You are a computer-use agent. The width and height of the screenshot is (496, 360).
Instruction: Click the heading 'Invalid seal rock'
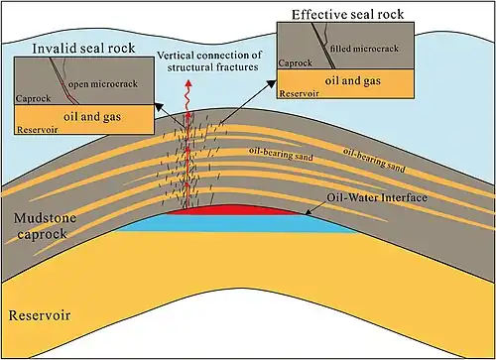pyautogui.click(x=83, y=49)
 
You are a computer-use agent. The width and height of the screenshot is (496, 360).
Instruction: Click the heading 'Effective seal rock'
pyautogui.click(x=347, y=15)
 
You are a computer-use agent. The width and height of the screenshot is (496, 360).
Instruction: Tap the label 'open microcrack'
pyautogui.click(x=103, y=84)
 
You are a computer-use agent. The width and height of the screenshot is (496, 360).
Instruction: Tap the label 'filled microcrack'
pyautogui.click(x=364, y=49)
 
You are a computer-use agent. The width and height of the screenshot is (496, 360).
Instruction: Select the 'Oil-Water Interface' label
pyautogui.click(x=377, y=197)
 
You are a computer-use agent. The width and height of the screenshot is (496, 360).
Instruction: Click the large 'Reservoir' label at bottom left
pyautogui.click(x=40, y=315)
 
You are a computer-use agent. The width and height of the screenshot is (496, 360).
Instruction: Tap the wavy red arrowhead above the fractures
pyautogui.click(x=188, y=83)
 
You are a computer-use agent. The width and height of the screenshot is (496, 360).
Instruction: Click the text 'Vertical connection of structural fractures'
pyautogui.click(x=210, y=61)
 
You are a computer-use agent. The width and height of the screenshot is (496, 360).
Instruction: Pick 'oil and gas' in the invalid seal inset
pyautogui.click(x=92, y=117)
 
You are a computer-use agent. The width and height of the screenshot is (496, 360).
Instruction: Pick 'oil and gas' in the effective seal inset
pyautogui.click(x=352, y=80)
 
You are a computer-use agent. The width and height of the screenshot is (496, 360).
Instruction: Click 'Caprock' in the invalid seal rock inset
pyautogui.click(x=33, y=98)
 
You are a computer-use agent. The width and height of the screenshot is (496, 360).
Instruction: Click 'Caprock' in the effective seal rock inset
pyautogui.click(x=295, y=62)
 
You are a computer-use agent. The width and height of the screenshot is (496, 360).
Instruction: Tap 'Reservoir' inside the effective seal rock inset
pyautogui.click(x=299, y=94)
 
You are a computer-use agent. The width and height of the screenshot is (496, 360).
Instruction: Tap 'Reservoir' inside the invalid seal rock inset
pyautogui.click(x=38, y=130)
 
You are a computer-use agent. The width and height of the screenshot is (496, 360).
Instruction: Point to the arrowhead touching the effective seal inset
pyautogui.click(x=272, y=83)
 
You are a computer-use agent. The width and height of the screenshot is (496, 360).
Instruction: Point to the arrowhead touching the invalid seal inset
pyautogui.click(x=160, y=107)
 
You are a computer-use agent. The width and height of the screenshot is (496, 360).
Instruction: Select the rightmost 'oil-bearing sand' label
pyautogui.click(x=374, y=161)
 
